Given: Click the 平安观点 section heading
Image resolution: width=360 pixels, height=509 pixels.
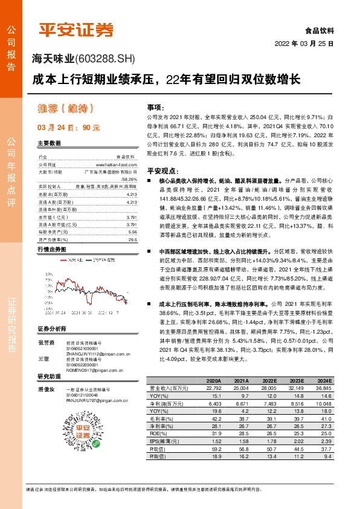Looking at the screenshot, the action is tap(161, 172).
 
